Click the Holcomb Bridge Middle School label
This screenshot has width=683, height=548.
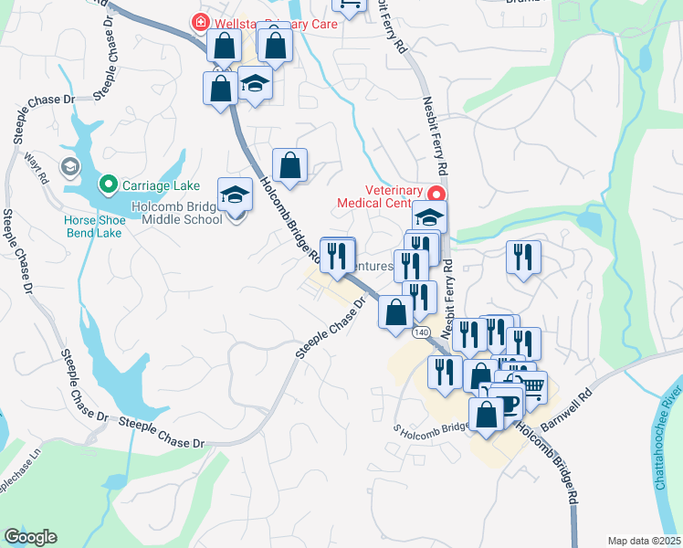pyautogui.click(x=177, y=213)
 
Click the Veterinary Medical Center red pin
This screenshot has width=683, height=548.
pyautogui.click(x=436, y=194)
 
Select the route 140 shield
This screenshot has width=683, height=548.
pyautogui.click(x=420, y=332)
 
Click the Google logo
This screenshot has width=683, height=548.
pyautogui.click(x=30, y=537)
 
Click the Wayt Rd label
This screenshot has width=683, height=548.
pyautogui.click(x=37, y=170)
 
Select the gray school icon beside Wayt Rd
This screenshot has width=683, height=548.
pyautogui.click(x=69, y=167)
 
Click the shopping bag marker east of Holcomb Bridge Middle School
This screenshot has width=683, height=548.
pyautogui.click(x=289, y=165)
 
